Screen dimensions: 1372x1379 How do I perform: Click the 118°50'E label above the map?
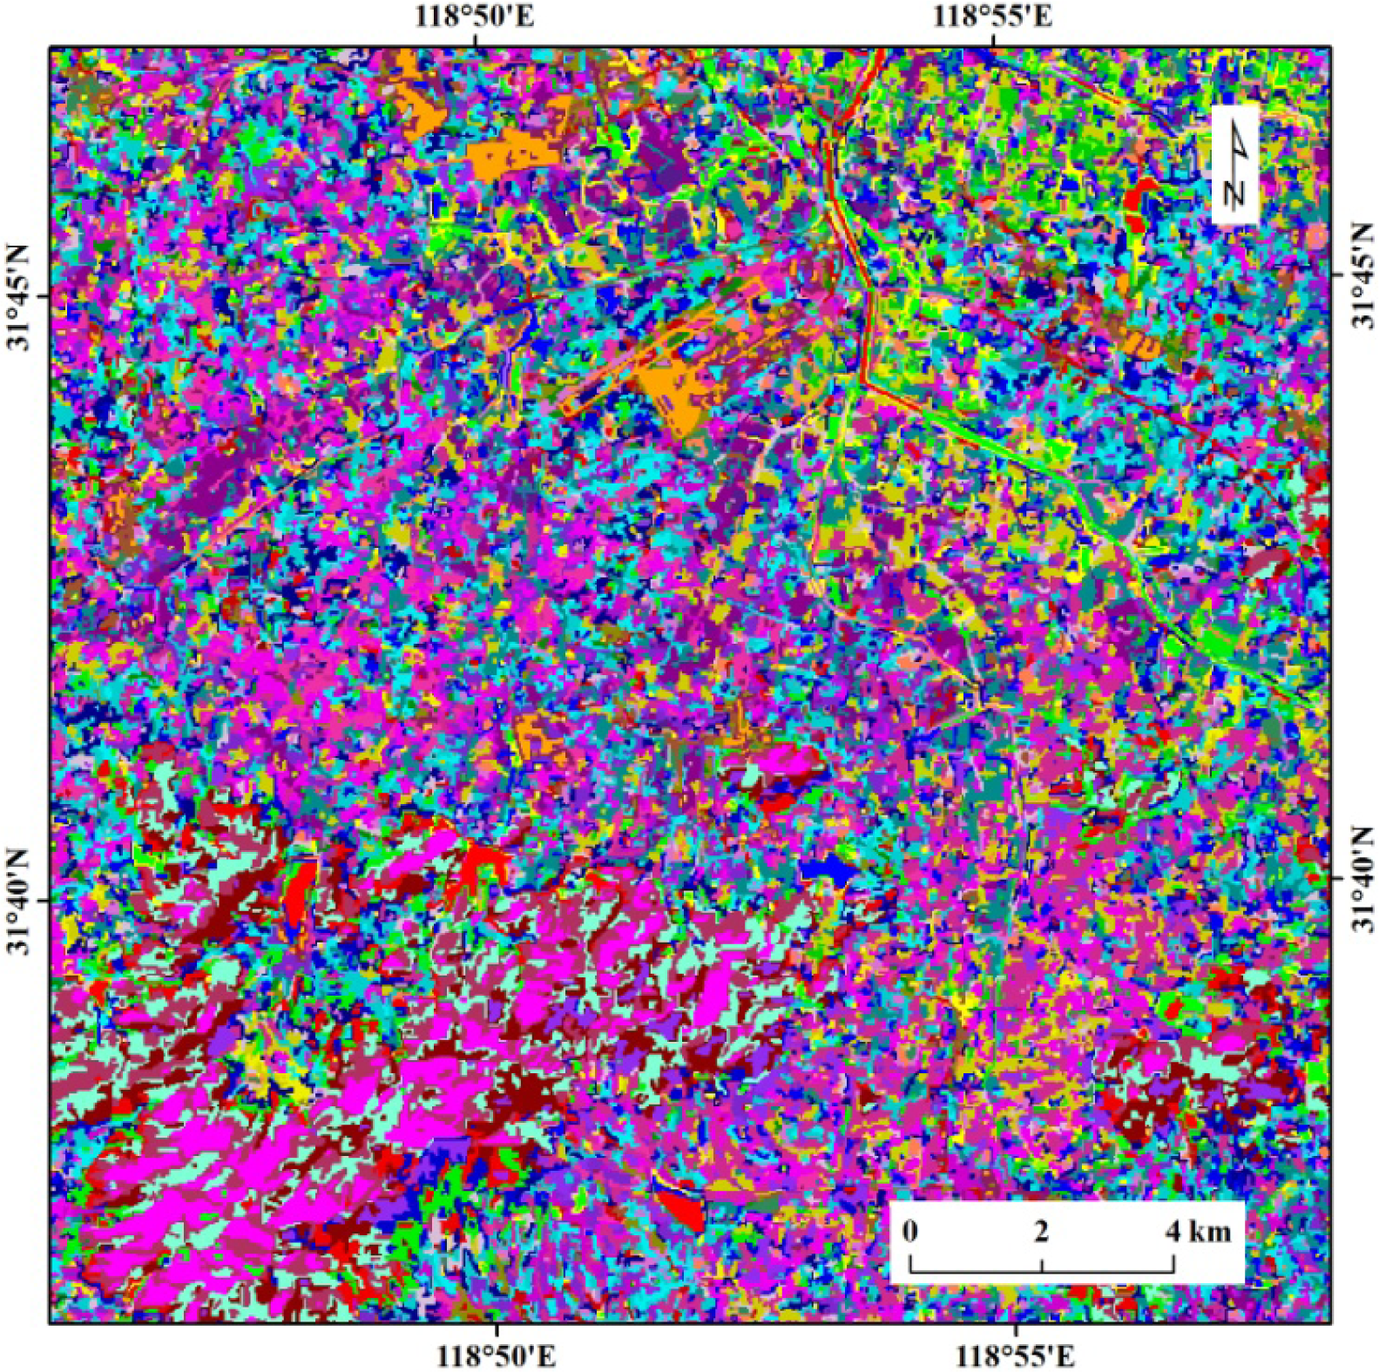474,17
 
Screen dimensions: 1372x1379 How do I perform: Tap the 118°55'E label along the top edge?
993,17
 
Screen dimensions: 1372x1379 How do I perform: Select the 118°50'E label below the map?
497,1355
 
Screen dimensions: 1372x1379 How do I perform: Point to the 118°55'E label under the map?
1016,1355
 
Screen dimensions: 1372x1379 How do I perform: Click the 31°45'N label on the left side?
18,296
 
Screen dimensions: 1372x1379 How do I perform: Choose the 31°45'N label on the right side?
1362,274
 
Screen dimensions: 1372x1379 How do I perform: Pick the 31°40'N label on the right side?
1362,880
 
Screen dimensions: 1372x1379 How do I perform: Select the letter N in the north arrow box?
1234,192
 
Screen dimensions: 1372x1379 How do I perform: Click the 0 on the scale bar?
910,1231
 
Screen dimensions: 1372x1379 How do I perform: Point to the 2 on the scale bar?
1042,1231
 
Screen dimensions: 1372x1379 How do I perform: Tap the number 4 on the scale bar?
1173,1231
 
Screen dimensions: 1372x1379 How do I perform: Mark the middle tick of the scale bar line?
1042,1266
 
